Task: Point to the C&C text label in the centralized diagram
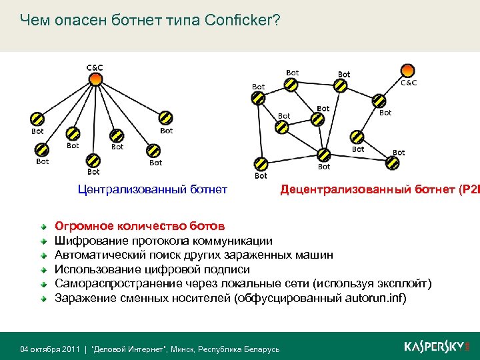click(x=95, y=67)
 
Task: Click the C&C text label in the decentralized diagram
click(x=408, y=83)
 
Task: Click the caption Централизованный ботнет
click(x=153, y=190)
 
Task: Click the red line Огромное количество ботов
click(x=139, y=226)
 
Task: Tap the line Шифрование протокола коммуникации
click(x=163, y=241)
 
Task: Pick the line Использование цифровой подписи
click(x=152, y=269)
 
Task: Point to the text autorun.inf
click(x=375, y=298)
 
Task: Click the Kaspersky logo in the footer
click(x=437, y=347)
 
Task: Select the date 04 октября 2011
click(x=51, y=349)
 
